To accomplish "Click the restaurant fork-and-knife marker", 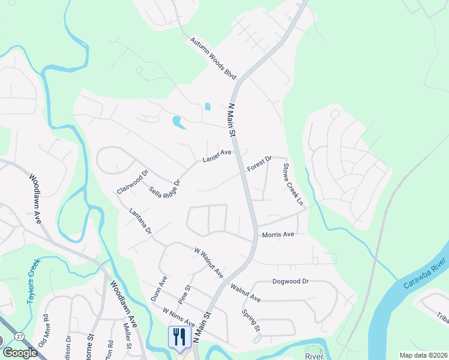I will click(179, 337).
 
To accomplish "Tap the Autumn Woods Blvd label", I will click(214, 59).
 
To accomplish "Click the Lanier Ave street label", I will click(217, 157).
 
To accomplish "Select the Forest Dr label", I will click(259, 164).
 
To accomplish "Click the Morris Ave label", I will click(278, 235).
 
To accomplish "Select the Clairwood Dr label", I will click(132, 182).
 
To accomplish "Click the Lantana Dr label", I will click(141, 221).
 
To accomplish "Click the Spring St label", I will click(251, 321).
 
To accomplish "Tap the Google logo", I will click(19, 352).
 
